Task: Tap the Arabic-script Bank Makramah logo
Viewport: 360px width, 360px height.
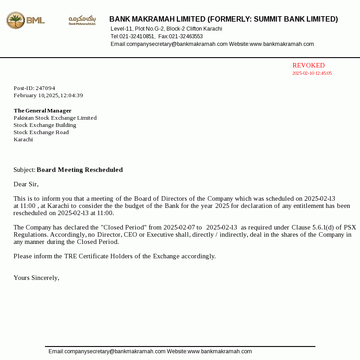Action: point(82,20)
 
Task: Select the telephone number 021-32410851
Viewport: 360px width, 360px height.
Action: point(137,36)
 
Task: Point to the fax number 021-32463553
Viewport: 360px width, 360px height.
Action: point(186,36)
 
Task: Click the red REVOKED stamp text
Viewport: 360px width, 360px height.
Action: point(308,65)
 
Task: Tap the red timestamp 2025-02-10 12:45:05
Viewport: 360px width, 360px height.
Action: point(312,73)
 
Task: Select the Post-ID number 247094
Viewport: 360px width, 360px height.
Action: point(45,88)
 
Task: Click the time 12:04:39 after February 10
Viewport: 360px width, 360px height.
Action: point(72,95)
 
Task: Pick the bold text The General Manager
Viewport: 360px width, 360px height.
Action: point(42,111)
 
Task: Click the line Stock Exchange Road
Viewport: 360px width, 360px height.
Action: point(41,132)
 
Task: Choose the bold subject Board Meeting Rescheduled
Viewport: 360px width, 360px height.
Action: point(80,170)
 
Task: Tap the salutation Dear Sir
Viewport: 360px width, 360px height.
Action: point(26,184)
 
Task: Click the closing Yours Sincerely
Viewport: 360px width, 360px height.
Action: point(36,278)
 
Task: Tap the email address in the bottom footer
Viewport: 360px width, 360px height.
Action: point(107,351)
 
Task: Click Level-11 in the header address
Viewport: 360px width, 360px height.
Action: point(121,29)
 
